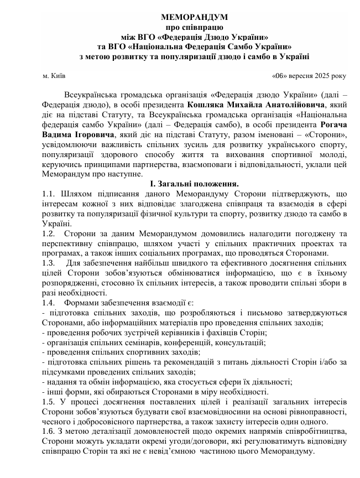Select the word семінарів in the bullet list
click(x=137, y=343)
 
